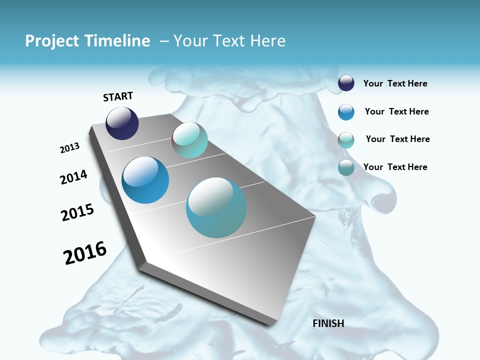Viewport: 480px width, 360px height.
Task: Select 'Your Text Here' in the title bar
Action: (x=229, y=41)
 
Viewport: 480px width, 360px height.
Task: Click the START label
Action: (x=118, y=96)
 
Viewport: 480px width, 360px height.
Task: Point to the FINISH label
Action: (x=328, y=323)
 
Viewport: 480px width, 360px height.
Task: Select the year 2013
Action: (x=69, y=148)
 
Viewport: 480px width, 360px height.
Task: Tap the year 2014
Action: (x=73, y=177)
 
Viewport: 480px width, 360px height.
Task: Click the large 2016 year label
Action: (x=85, y=252)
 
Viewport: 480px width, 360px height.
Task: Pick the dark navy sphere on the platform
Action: (x=122, y=123)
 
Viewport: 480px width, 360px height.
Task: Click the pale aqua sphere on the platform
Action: (x=189, y=140)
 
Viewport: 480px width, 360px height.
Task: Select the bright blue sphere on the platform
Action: (x=145, y=180)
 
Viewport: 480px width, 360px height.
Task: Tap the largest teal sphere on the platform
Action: (x=216, y=207)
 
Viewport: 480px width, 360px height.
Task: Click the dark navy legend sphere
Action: (x=346, y=83)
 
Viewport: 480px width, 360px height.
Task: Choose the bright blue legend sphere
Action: (x=346, y=112)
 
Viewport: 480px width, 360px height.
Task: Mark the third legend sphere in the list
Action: (x=346, y=140)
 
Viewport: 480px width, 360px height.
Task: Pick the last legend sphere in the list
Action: (x=346, y=168)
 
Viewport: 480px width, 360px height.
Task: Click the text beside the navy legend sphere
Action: (x=395, y=83)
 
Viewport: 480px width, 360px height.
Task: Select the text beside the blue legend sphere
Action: (x=396, y=111)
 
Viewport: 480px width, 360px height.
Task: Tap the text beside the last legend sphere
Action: (x=395, y=167)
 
